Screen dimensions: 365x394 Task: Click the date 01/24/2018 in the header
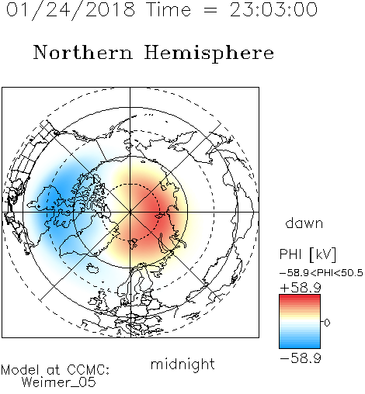[71, 10]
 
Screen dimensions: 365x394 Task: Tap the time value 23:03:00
[273, 9]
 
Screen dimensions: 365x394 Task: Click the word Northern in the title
[83, 52]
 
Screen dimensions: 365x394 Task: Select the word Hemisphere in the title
[209, 54]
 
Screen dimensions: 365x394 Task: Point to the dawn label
[304, 223]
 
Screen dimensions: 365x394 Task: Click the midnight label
[182, 365]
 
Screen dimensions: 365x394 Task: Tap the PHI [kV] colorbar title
[308, 254]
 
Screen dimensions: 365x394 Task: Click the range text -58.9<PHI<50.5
[322, 273]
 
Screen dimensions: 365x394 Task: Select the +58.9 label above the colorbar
[301, 288]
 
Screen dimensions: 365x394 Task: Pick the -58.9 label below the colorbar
[301, 358]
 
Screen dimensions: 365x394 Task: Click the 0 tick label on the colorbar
[327, 323]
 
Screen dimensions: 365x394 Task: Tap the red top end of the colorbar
[300, 297]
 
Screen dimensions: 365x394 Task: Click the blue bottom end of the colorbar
[300, 346]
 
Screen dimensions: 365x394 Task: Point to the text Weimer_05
[58, 382]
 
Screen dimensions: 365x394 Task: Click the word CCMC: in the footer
[88, 370]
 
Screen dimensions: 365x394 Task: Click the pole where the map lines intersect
[130, 212]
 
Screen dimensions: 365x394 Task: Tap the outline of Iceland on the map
[92, 268]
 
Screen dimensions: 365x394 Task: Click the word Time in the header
[169, 9]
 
